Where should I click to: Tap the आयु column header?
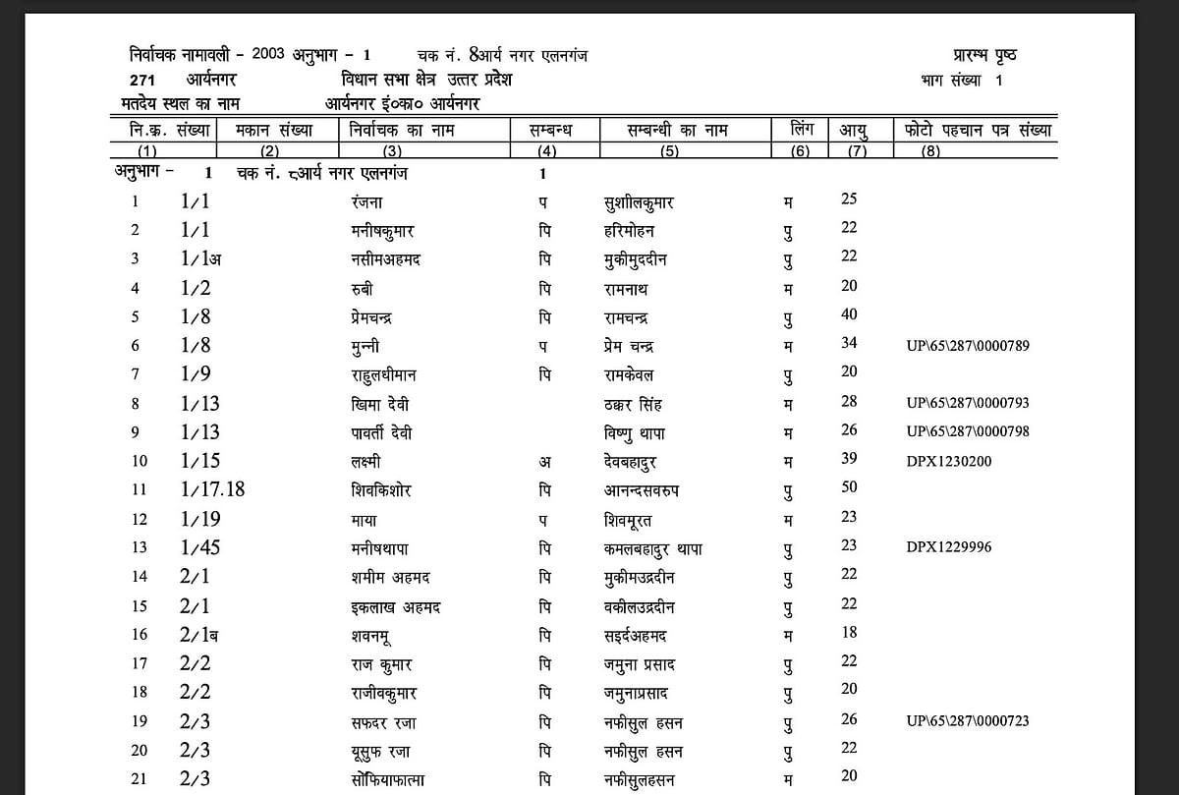point(852,131)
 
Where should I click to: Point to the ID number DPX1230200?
point(948,459)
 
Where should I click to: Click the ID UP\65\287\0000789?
point(968,346)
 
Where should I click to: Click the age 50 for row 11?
point(849,487)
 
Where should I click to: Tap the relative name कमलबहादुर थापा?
point(653,548)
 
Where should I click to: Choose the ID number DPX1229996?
point(948,546)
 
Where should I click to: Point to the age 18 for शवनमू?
point(849,632)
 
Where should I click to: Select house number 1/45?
point(199,547)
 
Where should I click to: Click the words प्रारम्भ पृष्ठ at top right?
point(983,55)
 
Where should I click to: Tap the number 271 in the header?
point(142,81)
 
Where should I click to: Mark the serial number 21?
point(140,779)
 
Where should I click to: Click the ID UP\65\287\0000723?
point(968,721)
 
